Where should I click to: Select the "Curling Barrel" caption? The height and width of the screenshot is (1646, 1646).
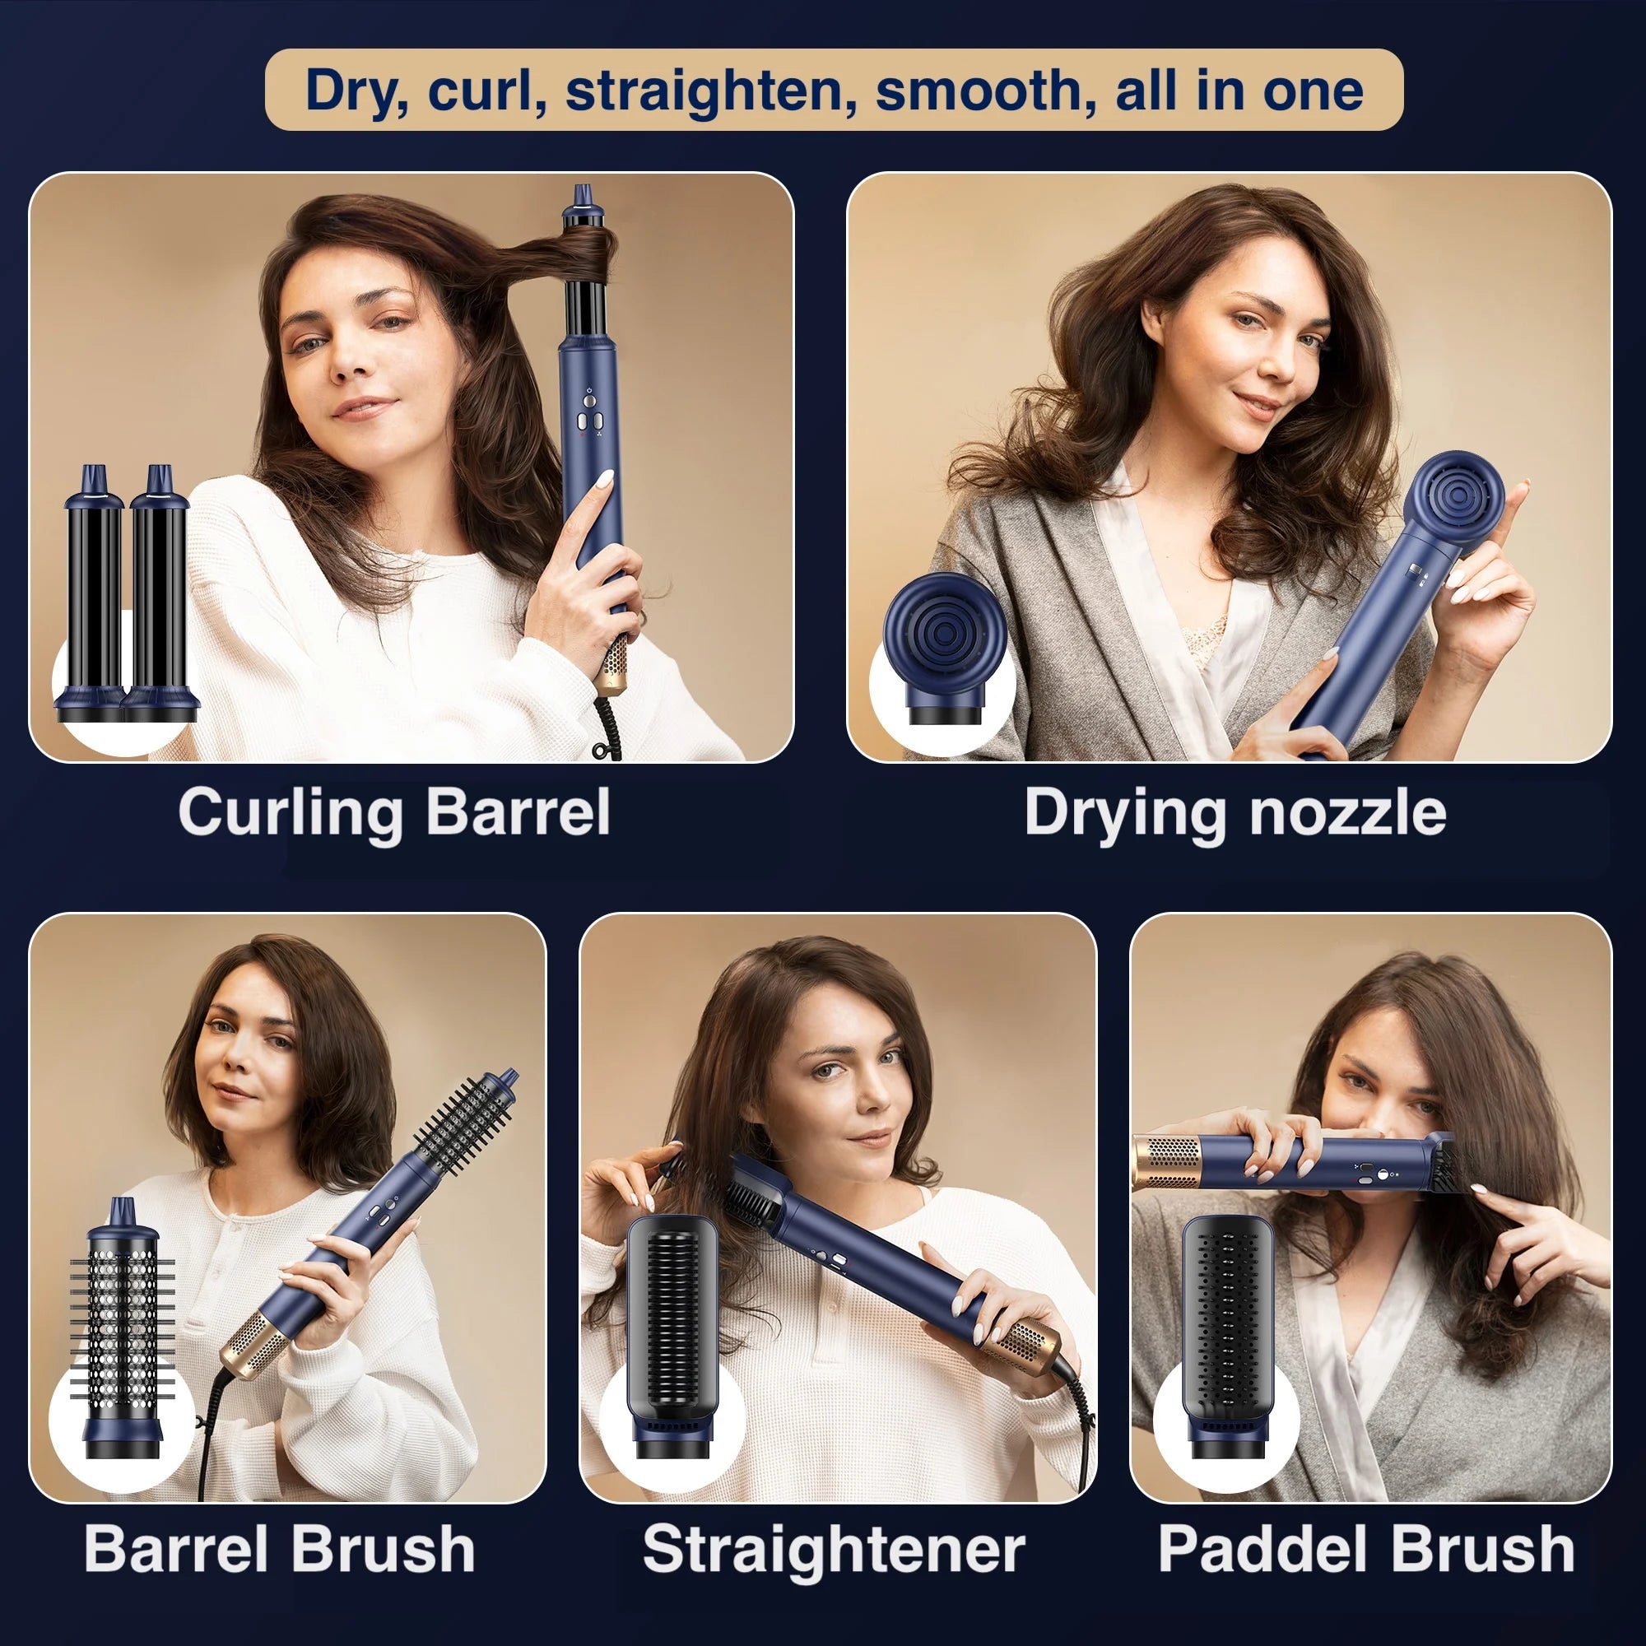(393, 812)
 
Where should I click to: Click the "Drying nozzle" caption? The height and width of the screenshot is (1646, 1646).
(1234, 812)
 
